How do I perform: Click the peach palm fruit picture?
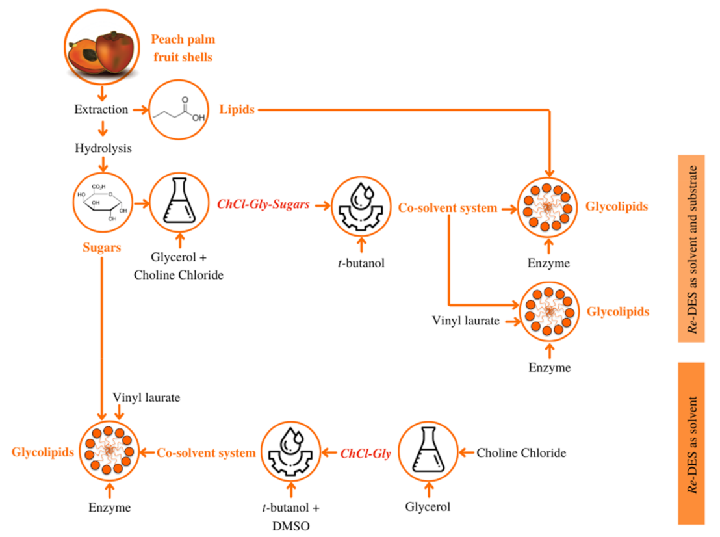[x=103, y=47]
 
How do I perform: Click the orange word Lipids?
[x=237, y=111]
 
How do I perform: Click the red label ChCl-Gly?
[x=366, y=453]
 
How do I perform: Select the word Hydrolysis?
[x=103, y=149]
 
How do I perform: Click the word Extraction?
[x=100, y=110]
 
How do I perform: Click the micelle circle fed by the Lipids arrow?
[x=550, y=208]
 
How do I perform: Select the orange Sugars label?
[x=102, y=248]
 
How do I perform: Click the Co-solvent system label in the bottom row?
[x=206, y=453]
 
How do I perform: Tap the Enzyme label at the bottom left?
[x=109, y=508]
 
